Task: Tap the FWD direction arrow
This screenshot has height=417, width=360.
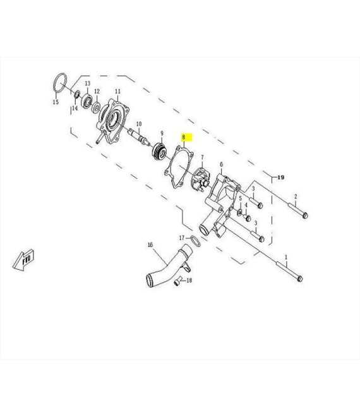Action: click(x=23, y=260)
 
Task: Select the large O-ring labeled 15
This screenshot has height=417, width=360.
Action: click(x=59, y=83)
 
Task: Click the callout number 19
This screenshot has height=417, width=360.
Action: click(x=281, y=178)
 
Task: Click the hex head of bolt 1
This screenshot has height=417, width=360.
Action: click(x=299, y=279)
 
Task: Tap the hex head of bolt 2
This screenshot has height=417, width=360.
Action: click(x=305, y=215)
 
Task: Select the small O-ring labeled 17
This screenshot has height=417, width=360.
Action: click(x=196, y=241)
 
